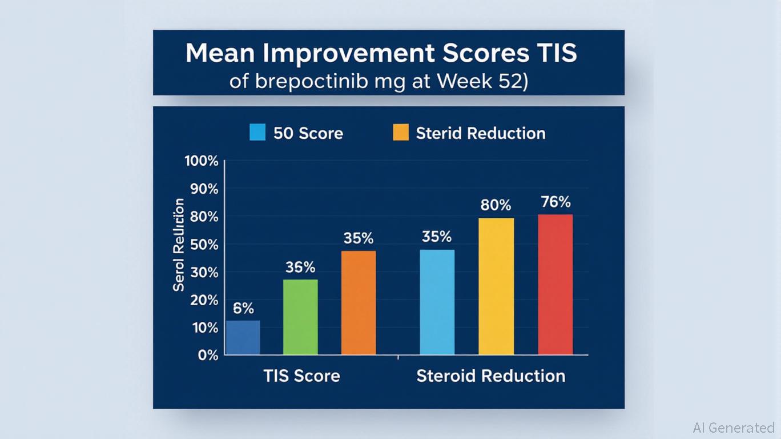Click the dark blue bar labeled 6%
click(243, 337)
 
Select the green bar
click(300, 317)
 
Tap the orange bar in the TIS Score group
click(359, 302)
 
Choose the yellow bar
click(496, 286)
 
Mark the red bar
click(555, 284)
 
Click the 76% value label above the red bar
click(555, 202)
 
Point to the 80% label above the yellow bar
click(496, 205)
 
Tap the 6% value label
click(243, 309)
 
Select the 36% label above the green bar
click(300, 267)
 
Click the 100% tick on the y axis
click(202, 161)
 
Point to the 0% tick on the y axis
click(208, 355)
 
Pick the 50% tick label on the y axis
click(204, 245)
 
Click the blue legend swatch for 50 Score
click(258, 133)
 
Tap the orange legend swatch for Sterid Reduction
click(401, 133)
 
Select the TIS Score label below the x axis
click(301, 376)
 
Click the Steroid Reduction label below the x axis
click(490, 376)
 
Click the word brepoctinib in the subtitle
click(306, 81)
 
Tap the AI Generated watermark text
click(734, 428)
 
